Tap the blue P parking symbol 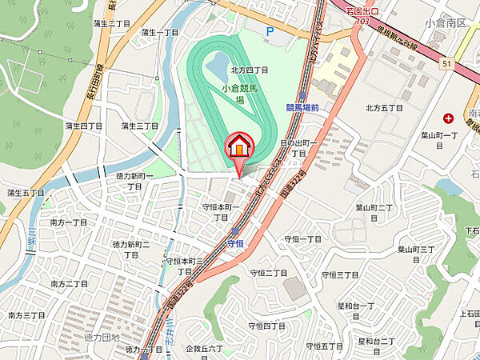pyautogui.click(x=270, y=32)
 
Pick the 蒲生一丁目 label pyautogui.click(x=160, y=33)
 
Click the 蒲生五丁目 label pyautogui.click(x=25, y=193)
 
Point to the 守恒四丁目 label pyautogui.click(x=267, y=326)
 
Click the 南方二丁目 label pyautogui.click(x=69, y=284)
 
